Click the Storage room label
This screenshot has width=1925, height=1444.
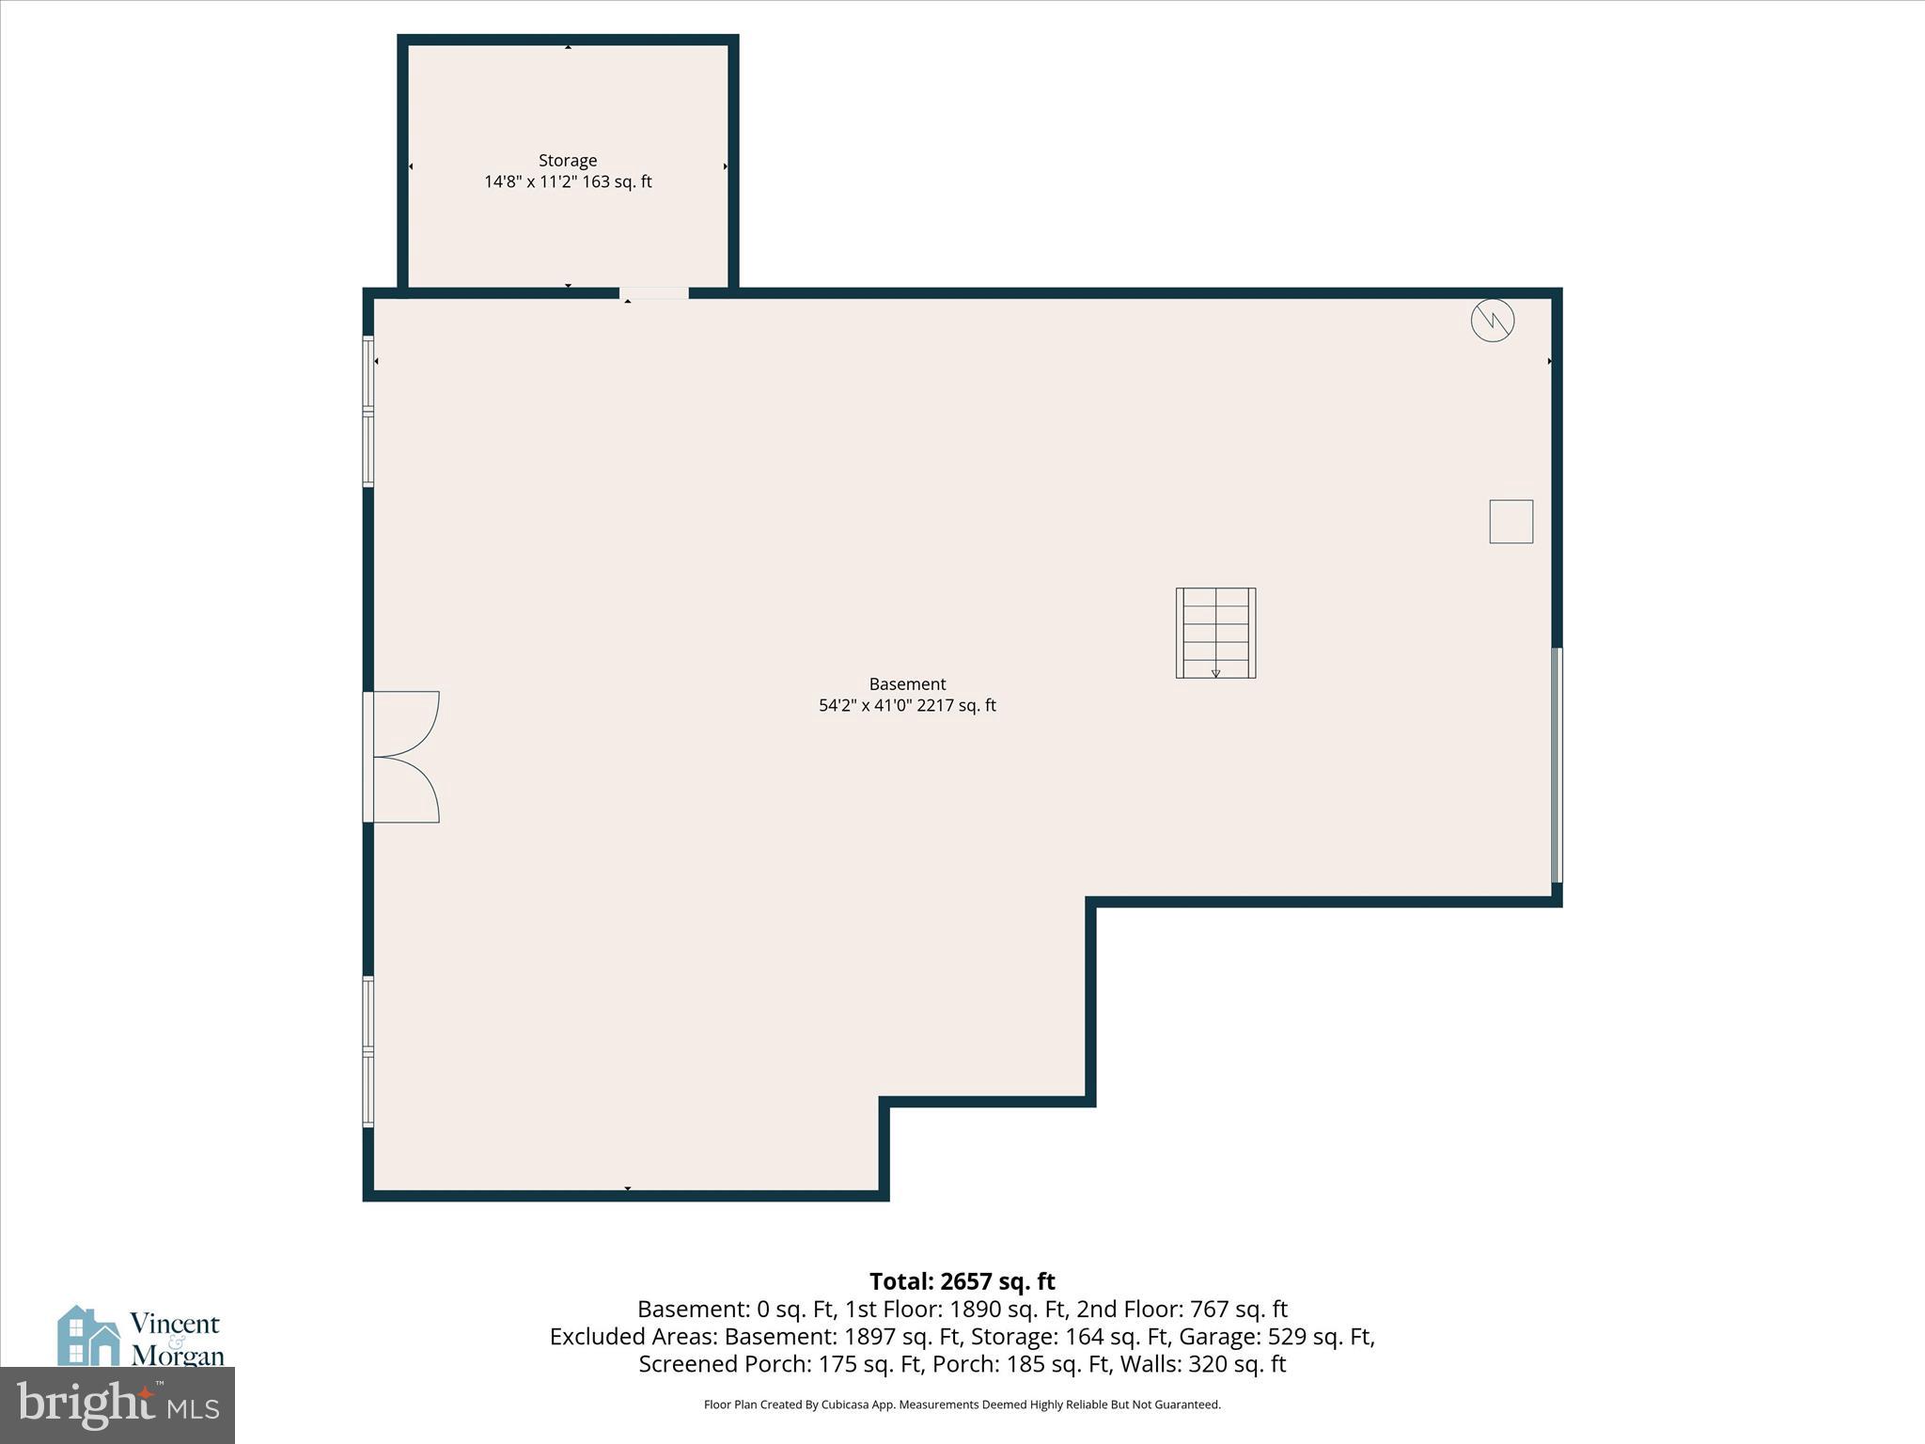point(567,161)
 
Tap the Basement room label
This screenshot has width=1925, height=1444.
point(907,684)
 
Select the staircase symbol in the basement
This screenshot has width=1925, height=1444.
point(1215,633)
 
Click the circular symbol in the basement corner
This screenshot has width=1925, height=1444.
point(1493,321)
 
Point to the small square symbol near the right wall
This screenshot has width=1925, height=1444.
point(1510,521)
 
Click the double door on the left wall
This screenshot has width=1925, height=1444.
point(402,757)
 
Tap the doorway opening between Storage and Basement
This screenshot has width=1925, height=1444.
point(654,293)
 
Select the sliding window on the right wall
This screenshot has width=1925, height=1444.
point(1556,764)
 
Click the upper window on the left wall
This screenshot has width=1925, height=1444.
point(368,412)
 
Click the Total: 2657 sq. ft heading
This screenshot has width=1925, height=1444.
point(962,1281)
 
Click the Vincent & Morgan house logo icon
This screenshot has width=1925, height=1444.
point(88,1335)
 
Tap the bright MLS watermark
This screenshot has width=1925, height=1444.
point(117,1405)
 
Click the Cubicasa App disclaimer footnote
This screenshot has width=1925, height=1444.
point(962,1405)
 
